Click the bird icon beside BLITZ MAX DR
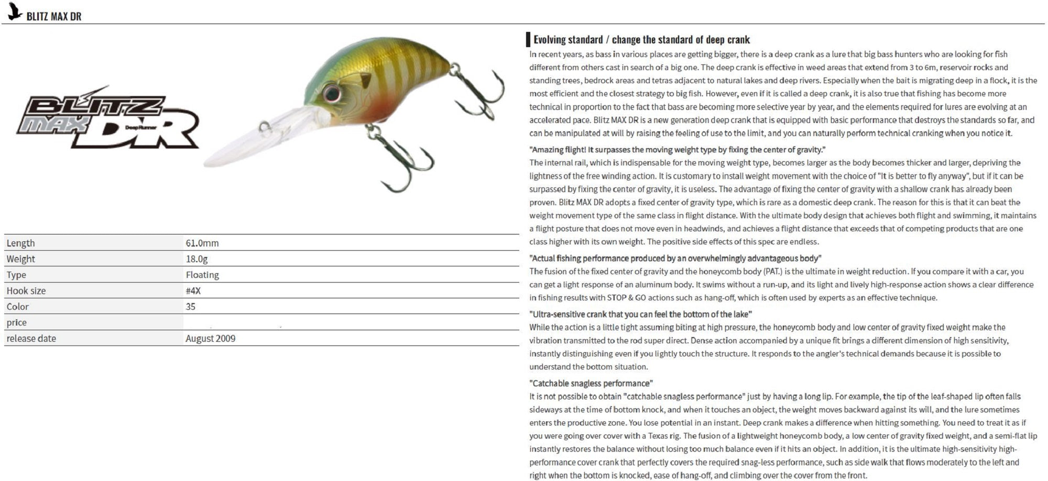pyautogui.click(x=15, y=12)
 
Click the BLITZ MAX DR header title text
pyautogui.click(x=54, y=16)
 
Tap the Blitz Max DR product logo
pyautogui.click(x=107, y=118)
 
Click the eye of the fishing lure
pyautogui.click(x=332, y=93)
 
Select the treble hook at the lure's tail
pyautogui.click(x=479, y=92)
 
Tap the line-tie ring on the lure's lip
pyautogui.click(x=265, y=126)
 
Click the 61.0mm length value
pyautogui.click(x=202, y=243)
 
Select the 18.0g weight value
pyautogui.click(x=196, y=259)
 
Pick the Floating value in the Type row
pyautogui.click(x=202, y=275)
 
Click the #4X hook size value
pyautogui.click(x=193, y=290)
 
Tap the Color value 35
pyautogui.click(x=190, y=306)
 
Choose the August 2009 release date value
pyautogui.click(x=210, y=338)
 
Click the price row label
pyautogui.click(x=17, y=322)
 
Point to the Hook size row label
pyautogui.click(x=26, y=290)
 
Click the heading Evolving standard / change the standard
pyautogui.click(x=641, y=40)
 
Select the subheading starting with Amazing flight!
pyautogui.click(x=677, y=150)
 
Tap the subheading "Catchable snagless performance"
pyautogui.click(x=591, y=383)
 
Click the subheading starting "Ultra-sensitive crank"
pyautogui.click(x=640, y=314)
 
